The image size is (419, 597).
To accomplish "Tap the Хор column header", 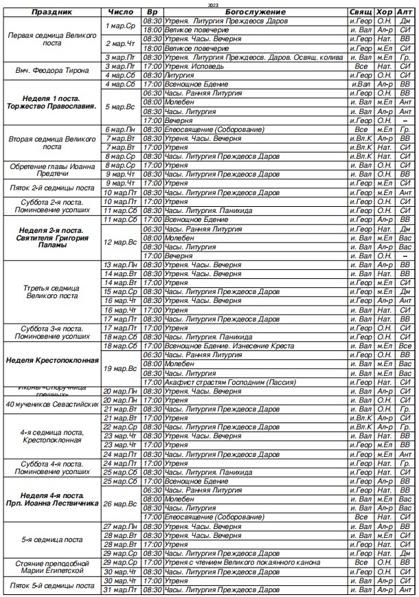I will [385, 12].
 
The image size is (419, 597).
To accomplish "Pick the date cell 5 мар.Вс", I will [122, 106].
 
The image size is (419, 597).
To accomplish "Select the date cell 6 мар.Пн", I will [122, 129].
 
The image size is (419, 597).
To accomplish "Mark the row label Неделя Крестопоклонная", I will [52, 360].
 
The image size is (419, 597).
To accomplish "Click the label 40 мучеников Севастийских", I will [52, 404].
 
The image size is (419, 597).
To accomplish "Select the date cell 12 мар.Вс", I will [122, 242].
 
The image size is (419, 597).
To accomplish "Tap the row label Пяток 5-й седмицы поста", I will [52, 585].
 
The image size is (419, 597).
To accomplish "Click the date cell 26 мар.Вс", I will [122, 504].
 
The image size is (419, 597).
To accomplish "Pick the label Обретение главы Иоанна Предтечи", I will [52, 170].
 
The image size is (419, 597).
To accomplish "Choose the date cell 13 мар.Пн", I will [122, 264].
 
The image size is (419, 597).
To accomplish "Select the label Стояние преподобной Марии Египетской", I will [52, 567].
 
